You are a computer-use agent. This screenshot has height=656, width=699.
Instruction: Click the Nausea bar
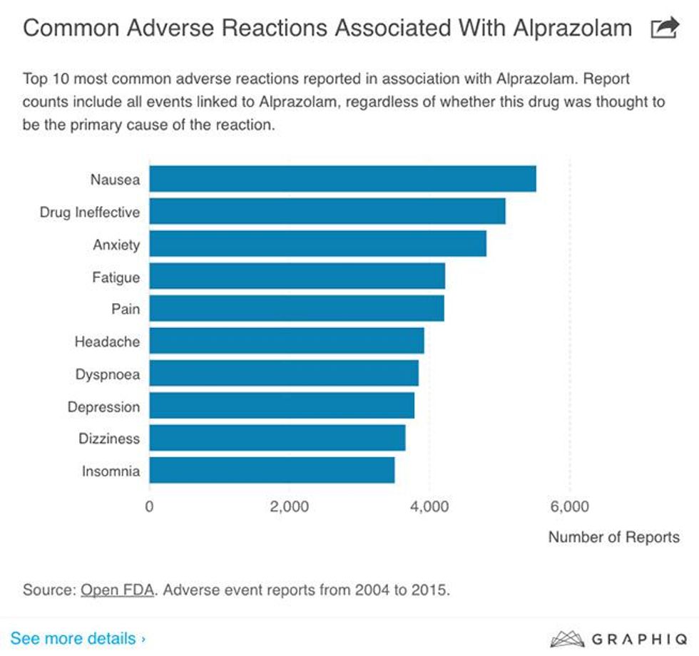(x=342, y=179)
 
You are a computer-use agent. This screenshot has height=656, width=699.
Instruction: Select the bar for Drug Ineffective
(x=327, y=212)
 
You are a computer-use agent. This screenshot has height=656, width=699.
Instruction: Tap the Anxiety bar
(x=317, y=244)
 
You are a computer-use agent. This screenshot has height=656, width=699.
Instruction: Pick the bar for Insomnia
(x=272, y=471)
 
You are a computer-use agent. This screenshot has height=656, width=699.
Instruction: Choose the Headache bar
(x=286, y=342)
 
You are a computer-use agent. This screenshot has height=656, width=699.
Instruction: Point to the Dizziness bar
(x=277, y=438)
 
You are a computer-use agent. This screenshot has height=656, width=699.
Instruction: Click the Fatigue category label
(x=116, y=277)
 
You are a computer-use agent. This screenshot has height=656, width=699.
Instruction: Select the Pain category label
(x=126, y=309)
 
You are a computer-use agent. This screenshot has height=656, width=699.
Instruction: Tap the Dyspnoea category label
(x=108, y=374)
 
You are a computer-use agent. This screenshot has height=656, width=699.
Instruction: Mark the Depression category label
(x=103, y=407)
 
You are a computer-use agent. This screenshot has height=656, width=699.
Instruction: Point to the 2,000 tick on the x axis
(x=289, y=507)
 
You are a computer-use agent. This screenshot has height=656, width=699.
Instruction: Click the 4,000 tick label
(x=429, y=507)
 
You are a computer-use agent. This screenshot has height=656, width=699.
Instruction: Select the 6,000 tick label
(x=569, y=507)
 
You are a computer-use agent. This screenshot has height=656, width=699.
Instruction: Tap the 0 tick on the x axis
(x=149, y=507)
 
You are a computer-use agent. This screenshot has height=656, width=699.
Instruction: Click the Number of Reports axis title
(x=613, y=537)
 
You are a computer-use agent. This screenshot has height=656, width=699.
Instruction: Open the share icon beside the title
(x=665, y=29)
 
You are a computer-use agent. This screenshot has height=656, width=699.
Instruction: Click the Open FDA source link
(x=117, y=590)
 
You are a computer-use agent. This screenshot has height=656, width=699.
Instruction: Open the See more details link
(x=78, y=637)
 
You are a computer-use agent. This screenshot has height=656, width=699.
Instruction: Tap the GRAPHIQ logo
(x=619, y=637)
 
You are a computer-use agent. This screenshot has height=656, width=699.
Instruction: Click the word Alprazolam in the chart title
(x=561, y=29)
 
